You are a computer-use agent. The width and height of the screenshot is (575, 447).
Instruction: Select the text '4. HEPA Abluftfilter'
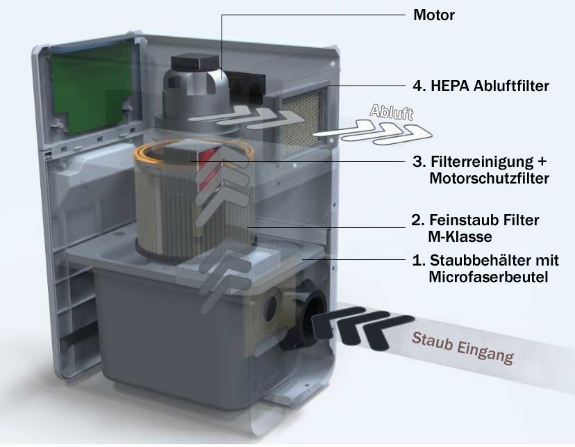coord(480,86)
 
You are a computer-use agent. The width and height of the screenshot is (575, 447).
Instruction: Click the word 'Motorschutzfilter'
coord(490,179)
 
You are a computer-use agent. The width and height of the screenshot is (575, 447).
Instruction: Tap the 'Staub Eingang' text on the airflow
coord(462,348)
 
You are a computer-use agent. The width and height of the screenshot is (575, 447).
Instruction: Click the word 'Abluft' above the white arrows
coord(392,113)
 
